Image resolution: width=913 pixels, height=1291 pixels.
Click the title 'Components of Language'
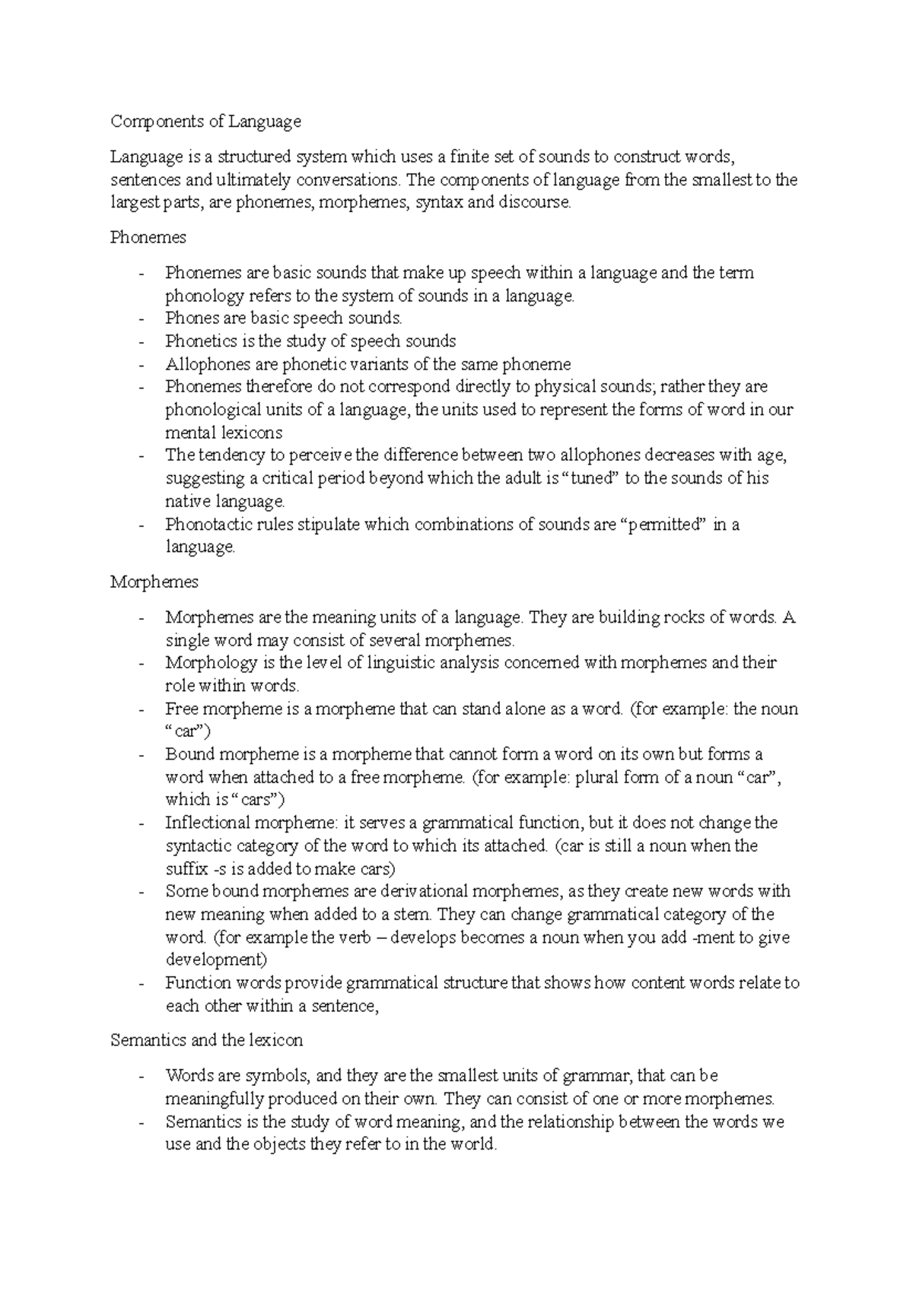click(x=205, y=122)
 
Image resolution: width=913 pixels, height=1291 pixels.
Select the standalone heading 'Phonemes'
click(x=148, y=237)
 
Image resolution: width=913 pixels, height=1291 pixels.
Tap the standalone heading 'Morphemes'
click(x=155, y=582)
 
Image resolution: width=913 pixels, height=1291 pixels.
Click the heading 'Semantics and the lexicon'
click(x=206, y=1040)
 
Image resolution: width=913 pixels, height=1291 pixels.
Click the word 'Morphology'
click(x=208, y=663)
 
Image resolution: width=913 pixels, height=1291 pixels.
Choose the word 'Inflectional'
click(x=208, y=823)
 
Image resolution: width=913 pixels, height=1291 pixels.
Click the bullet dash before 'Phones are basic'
click(x=142, y=319)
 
